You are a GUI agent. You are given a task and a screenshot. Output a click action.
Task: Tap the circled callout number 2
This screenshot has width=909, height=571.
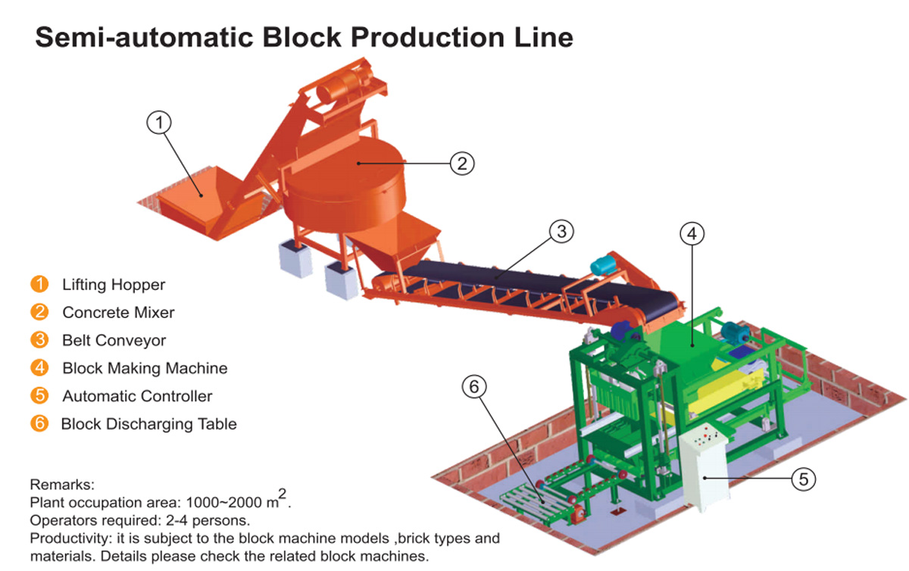click(462, 163)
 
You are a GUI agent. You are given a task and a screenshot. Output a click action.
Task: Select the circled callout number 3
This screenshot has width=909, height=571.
click(561, 232)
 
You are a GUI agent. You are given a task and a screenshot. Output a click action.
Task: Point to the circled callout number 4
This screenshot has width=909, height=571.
click(691, 234)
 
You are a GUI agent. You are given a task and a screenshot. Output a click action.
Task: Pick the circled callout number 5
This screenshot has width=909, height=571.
click(804, 478)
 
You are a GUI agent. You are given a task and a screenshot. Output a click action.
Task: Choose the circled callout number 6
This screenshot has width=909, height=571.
click(474, 387)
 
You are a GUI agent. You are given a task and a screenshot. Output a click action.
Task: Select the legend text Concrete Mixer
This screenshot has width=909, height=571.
click(118, 312)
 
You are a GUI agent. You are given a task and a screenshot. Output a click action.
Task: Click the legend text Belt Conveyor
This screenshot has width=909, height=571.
click(114, 340)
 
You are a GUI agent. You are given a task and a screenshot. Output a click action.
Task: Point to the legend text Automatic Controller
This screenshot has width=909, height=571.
click(137, 396)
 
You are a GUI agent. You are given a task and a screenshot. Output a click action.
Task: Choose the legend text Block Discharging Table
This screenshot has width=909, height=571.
click(149, 424)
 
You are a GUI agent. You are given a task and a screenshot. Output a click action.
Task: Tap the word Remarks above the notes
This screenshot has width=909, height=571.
click(61, 483)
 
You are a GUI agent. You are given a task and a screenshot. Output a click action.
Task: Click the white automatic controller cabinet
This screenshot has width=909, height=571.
click(708, 469)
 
